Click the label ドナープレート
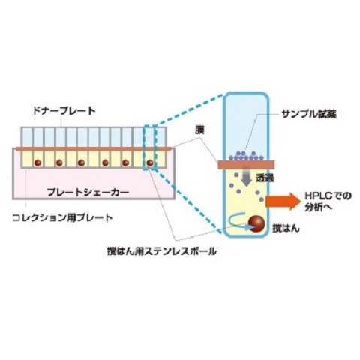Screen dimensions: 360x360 pyautogui.click(x=64, y=111)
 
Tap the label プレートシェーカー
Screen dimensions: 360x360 pyautogui.click(x=88, y=193)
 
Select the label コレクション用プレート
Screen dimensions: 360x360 pyautogui.click(x=62, y=218)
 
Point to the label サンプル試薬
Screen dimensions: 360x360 pyautogui.click(x=309, y=114)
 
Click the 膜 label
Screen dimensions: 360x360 pyautogui.click(x=199, y=131)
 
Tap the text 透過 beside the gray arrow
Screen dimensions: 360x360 pyautogui.click(x=265, y=178)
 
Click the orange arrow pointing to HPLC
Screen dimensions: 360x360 pyautogui.click(x=283, y=202)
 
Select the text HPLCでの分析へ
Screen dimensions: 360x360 pyautogui.click(x=328, y=202)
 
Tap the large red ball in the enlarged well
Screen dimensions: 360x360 pyautogui.click(x=256, y=224)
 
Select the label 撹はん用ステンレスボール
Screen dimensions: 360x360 pyautogui.click(x=162, y=251)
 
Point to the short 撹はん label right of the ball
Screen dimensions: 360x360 pyautogui.click(x=286, y=228)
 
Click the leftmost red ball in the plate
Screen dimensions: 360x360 pyautogui.click(x=37, y=163)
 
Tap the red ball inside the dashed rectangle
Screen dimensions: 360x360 pyautogui.click(x=150, y=163)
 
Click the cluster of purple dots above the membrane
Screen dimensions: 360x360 pyautogui.click(x=246, y=156)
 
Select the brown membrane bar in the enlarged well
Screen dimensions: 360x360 pyautogui.click(x=246, y=165)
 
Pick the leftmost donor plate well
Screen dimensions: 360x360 pyautogui.click(x=26, y=137)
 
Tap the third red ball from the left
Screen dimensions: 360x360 pyautogui.click(x=81, y=163)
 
